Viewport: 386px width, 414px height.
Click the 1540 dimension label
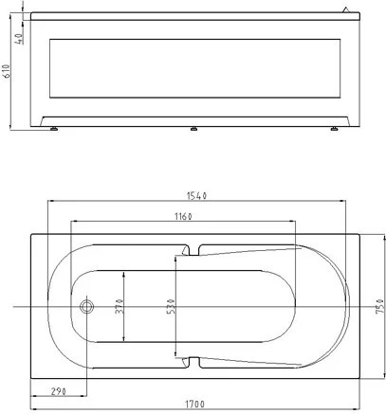pyautogui.click(x=196, y=196)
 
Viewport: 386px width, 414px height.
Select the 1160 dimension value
pyautogui.click(x=183, y=216)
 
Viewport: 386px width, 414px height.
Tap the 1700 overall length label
pyautogui.click(x=194, y=404)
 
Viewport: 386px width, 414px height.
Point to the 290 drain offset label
pyautogui.click(x=59, y=391)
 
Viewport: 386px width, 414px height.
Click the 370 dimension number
pyautogui.click(x=119, y=306)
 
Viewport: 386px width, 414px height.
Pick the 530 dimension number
pyautogui.click(x=171, y=306)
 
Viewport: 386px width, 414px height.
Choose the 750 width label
pyautogui.click(x=380, y=306)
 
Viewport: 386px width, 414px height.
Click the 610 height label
pyautogui.click(x=7, y=71)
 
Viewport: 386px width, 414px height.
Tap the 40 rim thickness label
pyautogui.click(x=19, y=39)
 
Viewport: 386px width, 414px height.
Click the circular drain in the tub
pyautogui.click(x=86, y=306)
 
